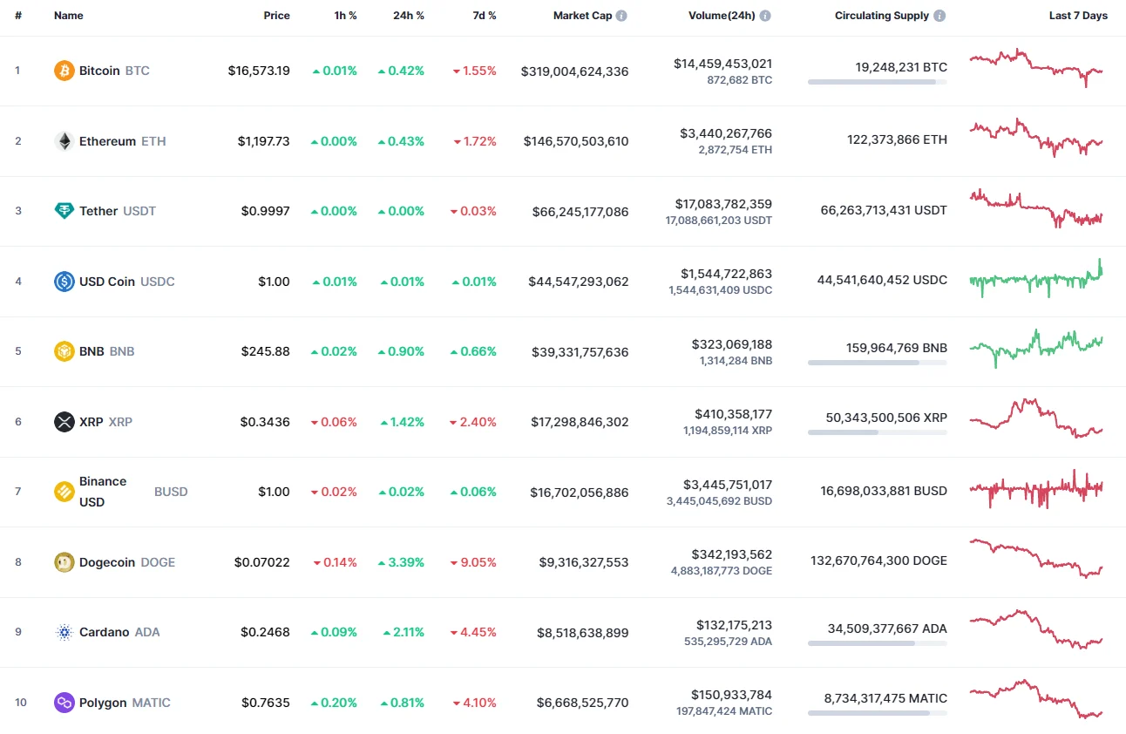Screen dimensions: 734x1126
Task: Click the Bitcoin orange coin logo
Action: (x=64, y=71)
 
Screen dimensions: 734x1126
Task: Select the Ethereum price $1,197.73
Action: (x=263, y=141)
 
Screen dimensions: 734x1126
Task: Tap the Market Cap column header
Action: (x=582, y=16)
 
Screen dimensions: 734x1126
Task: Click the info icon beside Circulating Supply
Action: (x=939, y=16)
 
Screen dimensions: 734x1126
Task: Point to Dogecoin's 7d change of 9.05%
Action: (x=474, y=562)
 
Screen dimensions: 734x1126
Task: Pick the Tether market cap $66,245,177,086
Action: (x=580, y=211)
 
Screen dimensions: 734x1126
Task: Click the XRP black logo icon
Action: (x=64, y=422)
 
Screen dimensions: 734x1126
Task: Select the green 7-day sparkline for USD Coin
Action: (x=1035, y=279)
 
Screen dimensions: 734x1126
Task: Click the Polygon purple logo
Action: (x=64, y=703)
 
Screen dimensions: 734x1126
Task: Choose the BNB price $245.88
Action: (x=265, y=351)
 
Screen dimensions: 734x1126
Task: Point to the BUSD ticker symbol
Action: (x=171, y=492)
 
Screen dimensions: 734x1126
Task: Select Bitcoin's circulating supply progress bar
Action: (x=877, y=82)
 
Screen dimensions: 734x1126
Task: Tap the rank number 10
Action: (x=21, y=703)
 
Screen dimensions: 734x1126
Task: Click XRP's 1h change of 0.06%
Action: (x=334, y=422)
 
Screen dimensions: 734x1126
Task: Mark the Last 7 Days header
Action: (x=1078, y=16)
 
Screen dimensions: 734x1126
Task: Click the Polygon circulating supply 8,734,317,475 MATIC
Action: (x=885, y=697)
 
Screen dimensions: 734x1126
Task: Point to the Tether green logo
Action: (x=64, y=211)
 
